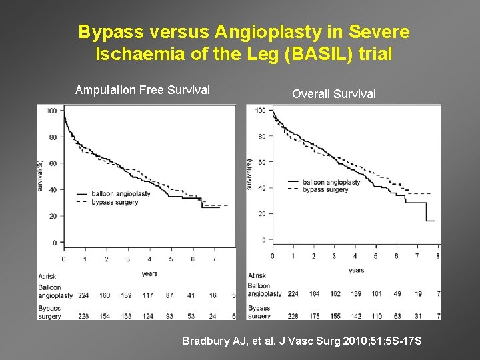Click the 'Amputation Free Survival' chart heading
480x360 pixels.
(x=143, y=90)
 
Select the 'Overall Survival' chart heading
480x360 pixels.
(x=334, y=94)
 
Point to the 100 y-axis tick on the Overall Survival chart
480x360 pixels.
(x=260, y=111)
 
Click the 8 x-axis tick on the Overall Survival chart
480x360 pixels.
(x=437, y=256)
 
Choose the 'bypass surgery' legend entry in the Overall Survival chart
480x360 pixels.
(x=325, y=190)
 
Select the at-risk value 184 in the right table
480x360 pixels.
(x=315, y=294)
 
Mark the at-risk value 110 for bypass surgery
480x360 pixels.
(x=377, y=315)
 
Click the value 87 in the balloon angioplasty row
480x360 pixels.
(x=171, y=295)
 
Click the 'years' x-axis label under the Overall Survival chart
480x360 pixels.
(x=357, y=270)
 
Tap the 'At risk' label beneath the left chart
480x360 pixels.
(x=47, y=275)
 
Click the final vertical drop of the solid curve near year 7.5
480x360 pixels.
(x=427, y=211)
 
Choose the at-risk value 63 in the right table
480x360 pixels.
(x=397, y=315)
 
